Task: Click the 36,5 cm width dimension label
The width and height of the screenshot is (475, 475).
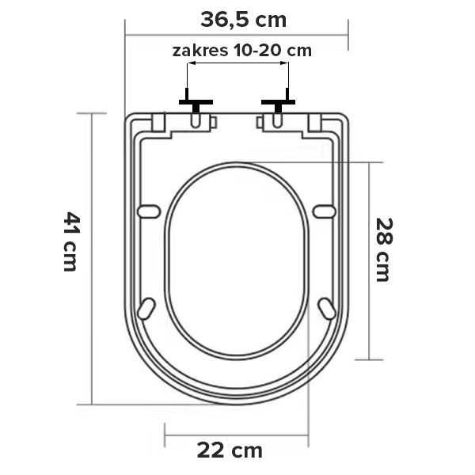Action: (243, 20)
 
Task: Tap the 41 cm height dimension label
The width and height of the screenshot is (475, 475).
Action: (72, 241)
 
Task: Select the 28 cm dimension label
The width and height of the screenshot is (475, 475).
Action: (384, 249)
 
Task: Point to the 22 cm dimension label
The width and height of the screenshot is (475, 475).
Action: (230, 450)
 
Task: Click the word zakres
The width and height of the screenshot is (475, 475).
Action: (200, 51)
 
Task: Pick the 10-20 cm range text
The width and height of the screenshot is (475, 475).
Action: (272, 51)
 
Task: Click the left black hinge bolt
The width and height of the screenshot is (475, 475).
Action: (196, 102)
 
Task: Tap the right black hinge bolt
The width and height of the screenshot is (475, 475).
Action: (278, 102)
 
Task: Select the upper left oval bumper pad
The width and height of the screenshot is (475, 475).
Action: (149, 211)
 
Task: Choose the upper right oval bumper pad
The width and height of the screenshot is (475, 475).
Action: (324, 211)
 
